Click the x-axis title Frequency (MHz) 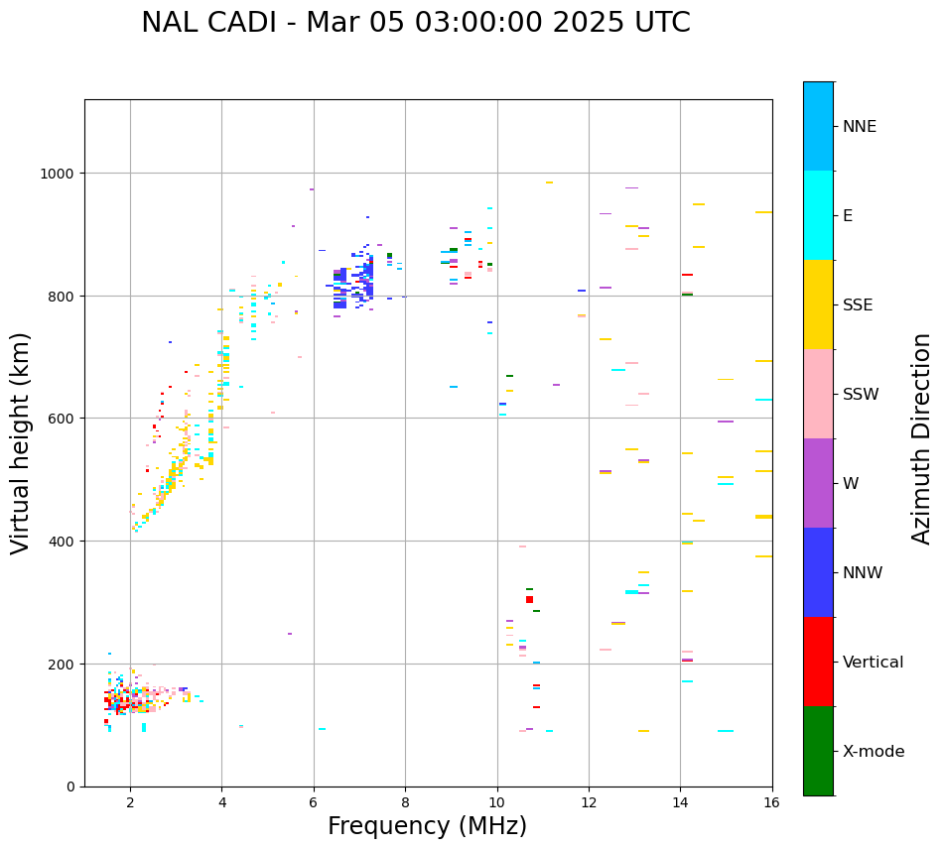click(x=427, y=826)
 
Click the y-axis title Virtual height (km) click(x=21, y=442)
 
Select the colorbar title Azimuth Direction click(x=922, y=437)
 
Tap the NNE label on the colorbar click(x=860, y=126)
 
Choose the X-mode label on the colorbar click(x=874, y=752)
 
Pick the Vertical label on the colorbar click(x=873, y=662)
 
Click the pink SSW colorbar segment click(x=818, y=394)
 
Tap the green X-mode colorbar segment click(x=818, y=751)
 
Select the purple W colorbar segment click(x=818, y=483)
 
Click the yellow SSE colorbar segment click(x=818, y=304)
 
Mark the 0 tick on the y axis click(x=70, y=787)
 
